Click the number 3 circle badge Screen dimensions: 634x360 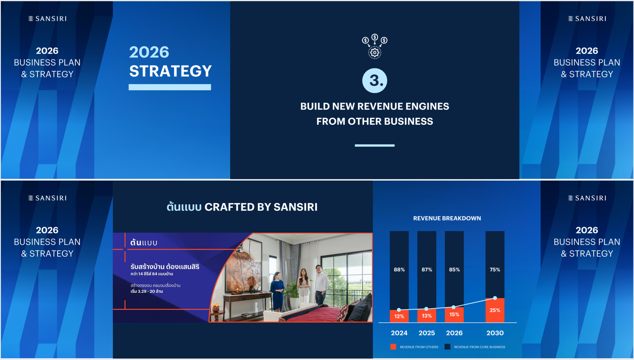(375, 80)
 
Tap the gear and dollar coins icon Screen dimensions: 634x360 (375, 46)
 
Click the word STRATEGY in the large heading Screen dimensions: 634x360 (170, 71)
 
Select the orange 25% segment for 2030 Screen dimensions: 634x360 (495, 310)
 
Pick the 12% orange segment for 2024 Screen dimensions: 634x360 (399, 316)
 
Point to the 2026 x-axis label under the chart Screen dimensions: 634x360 (454, 333)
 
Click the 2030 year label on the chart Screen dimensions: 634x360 (495, 333)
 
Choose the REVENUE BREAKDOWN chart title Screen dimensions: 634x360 (447, 218)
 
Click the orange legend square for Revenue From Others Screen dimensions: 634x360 (393, 347)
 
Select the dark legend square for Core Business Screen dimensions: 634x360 (447, 347)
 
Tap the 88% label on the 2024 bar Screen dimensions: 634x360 (399, 270)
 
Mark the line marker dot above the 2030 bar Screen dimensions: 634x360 (495, 298)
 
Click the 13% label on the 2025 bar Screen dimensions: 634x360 (427, 316)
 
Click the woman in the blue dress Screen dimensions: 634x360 (277, 291)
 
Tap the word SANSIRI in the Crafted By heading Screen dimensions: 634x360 (295, 207)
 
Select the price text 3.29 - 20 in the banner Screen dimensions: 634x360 (147, 291)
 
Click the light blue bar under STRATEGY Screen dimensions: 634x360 (170, 87)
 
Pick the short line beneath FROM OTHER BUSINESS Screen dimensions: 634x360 (375, 146)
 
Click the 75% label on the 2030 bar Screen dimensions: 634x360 (495, 270)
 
